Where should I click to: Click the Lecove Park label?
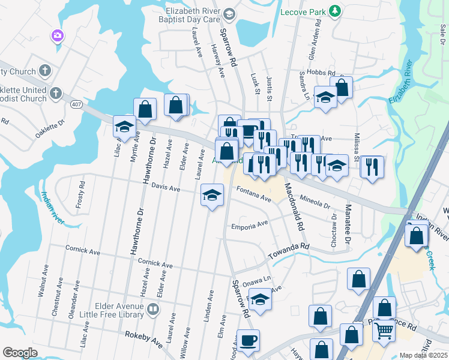(304, 11)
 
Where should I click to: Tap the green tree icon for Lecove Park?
(336, 11)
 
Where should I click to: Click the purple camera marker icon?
(58, 36)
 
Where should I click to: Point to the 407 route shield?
(77, 104)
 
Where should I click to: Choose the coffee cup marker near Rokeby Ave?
(248, 341)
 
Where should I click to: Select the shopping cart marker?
(384, 330)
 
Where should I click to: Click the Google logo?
(20, 353)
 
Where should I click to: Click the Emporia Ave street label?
(250, 226)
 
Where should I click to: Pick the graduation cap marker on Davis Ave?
(212, 195)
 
